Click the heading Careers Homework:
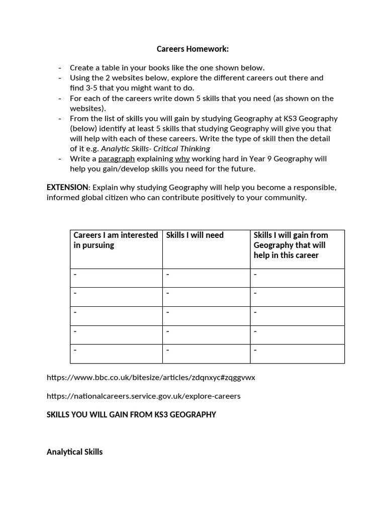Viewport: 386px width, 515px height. coord(192,49)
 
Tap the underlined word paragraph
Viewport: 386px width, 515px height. coord(117,159)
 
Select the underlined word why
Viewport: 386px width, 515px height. coord(182,159)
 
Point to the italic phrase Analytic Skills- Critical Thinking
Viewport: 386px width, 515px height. coord(155,148)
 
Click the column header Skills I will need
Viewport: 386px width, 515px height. coord(195,235)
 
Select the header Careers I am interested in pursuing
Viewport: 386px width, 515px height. coord(116,240)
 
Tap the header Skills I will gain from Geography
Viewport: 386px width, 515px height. coord(291,245)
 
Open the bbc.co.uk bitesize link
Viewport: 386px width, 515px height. coord(151,377)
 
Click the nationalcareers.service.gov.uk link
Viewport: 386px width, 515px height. coord(143,396)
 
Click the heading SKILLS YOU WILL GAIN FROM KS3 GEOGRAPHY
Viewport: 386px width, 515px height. coord(131,415)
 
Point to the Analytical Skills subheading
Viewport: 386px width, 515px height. coord(74,452)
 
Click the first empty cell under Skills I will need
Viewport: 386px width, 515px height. coord(206,278)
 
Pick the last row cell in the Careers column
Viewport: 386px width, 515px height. coord(116,354)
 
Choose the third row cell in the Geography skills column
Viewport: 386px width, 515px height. coord(297,316)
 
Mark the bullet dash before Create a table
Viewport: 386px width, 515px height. coord(60,68)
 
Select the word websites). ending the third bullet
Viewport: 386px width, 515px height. coord(89,108)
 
